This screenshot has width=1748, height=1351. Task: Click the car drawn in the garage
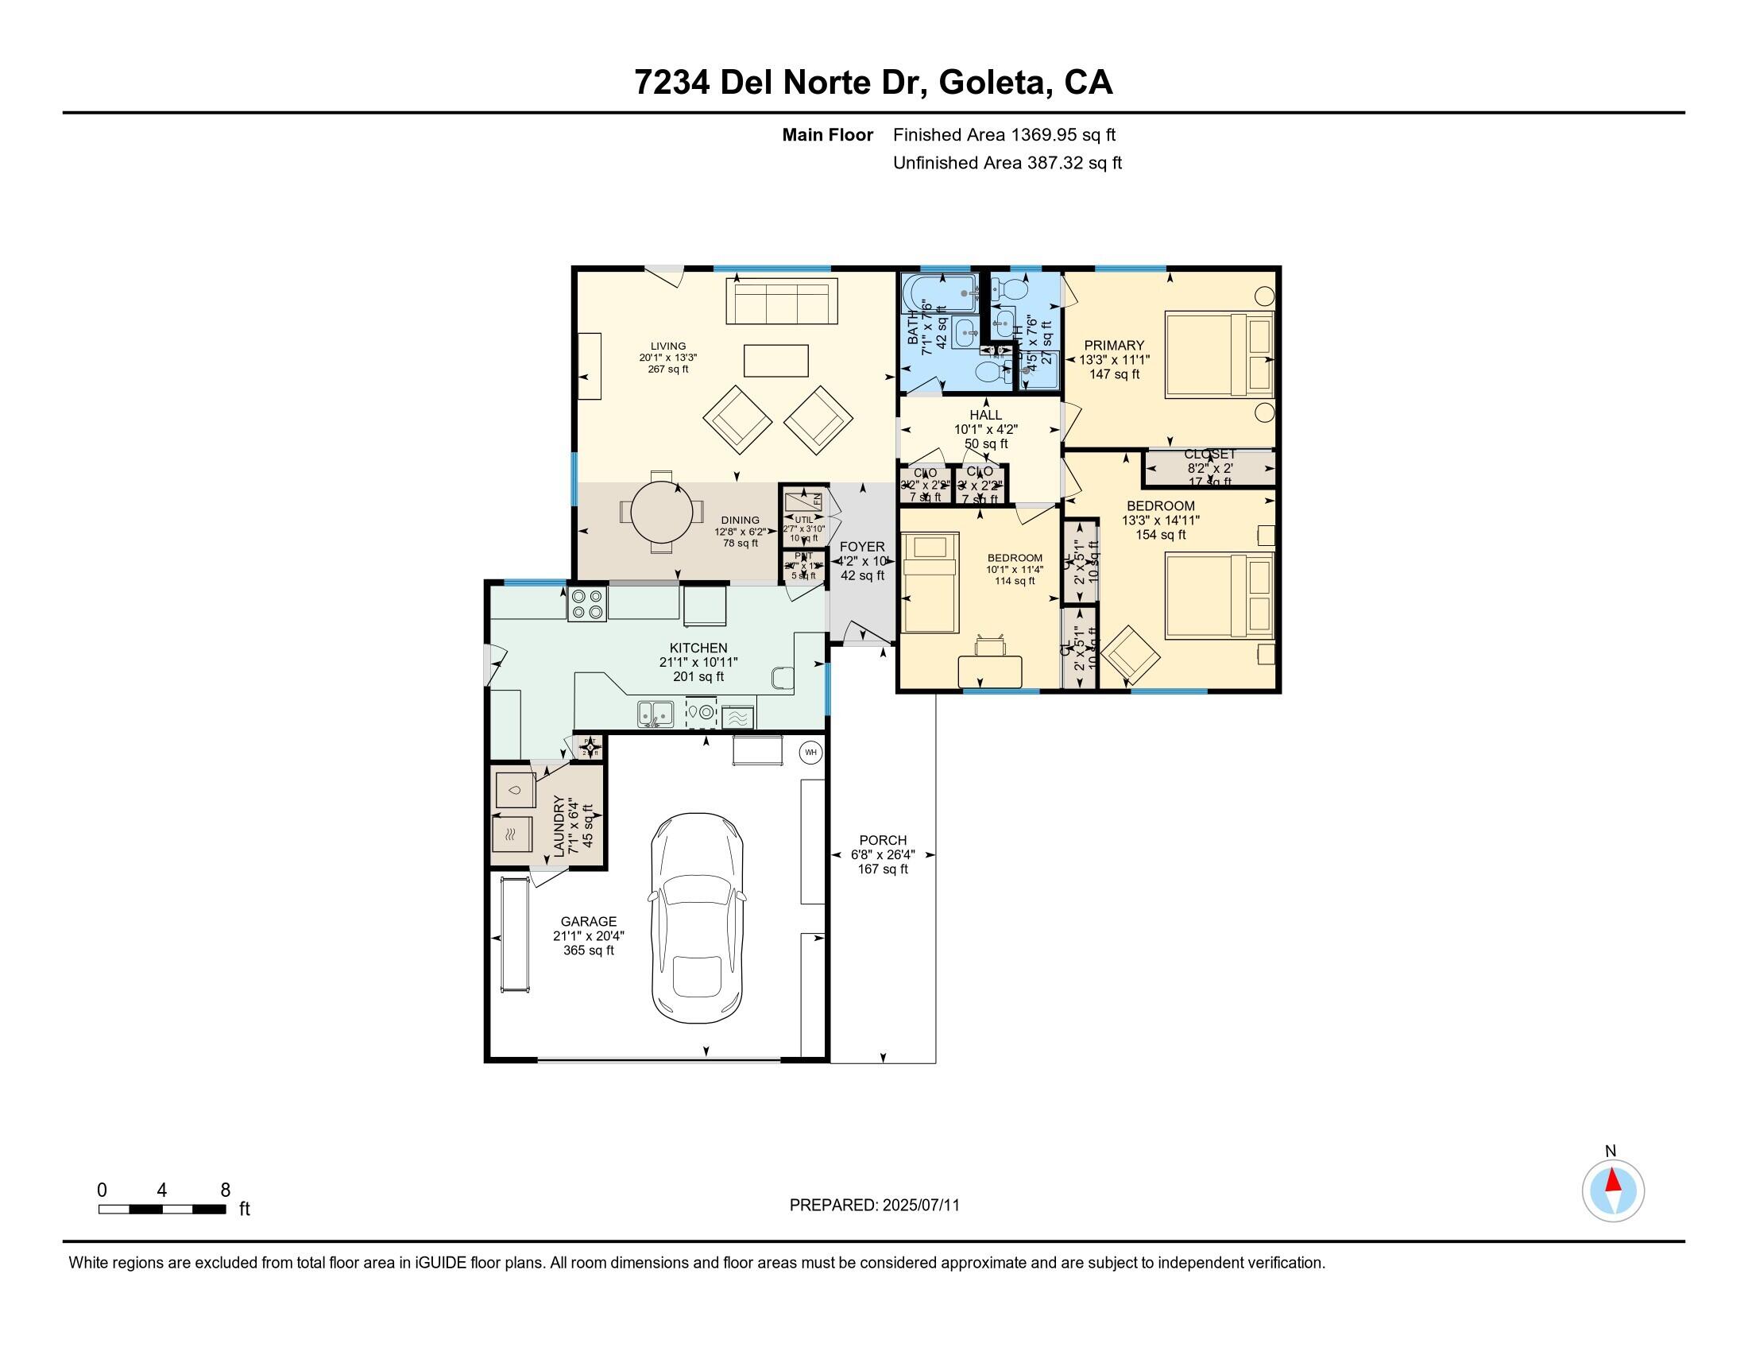tap(697, 917)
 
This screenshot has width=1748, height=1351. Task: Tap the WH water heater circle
tap(810, 753)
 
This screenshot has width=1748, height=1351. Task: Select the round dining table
tap(662, 512)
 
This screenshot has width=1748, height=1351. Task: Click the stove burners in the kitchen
tap(587, 604)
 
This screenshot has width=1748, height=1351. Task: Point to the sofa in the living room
tap(781, 301)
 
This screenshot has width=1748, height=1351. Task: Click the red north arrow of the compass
tap(1614, 1181)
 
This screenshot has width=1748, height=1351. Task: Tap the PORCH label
tap(883, 840)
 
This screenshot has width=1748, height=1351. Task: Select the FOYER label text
tap(862, 547)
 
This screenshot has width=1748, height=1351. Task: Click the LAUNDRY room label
tap(559, 826)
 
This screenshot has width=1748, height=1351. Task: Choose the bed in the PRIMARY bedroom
tap(1219, 354)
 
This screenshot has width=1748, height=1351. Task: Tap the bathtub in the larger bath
tap(938, 294)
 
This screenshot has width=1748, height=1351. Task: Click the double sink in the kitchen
tap(655, 712)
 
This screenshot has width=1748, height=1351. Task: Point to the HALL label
tap(985, 415)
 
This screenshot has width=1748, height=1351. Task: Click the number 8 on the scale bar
tap(225, 1190)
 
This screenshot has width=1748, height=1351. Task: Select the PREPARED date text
tap(874, 1206)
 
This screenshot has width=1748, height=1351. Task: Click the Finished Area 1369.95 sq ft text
tap(1004, 134)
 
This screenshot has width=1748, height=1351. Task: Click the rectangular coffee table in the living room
tap(775, 360)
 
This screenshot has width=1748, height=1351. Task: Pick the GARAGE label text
tap(588, 922)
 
